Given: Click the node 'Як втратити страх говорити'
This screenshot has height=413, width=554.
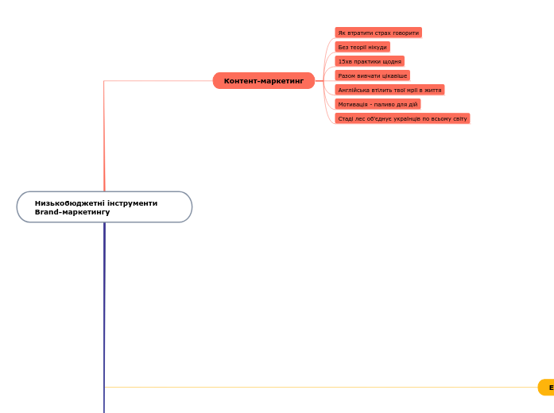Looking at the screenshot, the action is pyautogui.click(x=378, y=33).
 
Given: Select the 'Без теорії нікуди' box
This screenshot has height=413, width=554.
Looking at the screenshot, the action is pyautogui.click(x=362, y=47).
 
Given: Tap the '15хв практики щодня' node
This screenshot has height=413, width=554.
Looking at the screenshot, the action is pyautogui.click(x=370, y=61).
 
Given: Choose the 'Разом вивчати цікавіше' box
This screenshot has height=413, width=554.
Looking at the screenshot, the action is pyautogui.click(x=372, y=75).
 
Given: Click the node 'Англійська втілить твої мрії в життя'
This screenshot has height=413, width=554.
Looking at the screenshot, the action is pyautogui.click(x=389, y=90).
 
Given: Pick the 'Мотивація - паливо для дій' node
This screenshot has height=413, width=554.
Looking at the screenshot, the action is pyautogui.click(x=378, y=104).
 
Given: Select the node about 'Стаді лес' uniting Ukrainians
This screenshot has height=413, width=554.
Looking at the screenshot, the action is pyautogui.click(x=402, y=118).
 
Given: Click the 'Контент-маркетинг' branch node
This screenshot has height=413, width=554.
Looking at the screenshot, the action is pyautogui.click(x=264, y=81).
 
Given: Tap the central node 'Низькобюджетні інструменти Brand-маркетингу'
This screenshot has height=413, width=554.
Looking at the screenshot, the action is pyautogui.click(x=104, y=206).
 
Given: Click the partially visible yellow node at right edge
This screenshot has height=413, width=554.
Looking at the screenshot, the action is pyautogui.click(x=547, y=388).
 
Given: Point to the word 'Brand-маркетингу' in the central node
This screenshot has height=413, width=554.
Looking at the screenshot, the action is pyautogui.click(x=72, y=212).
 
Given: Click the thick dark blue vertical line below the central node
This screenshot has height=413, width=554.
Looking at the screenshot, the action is pyautogui.click(x=104, y=318).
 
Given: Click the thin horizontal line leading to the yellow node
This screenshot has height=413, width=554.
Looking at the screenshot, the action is pyautogui.click(x=318, y=388).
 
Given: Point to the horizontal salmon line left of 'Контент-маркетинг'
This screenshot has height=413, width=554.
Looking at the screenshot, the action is pyautogui.click(x=159, y=81).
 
